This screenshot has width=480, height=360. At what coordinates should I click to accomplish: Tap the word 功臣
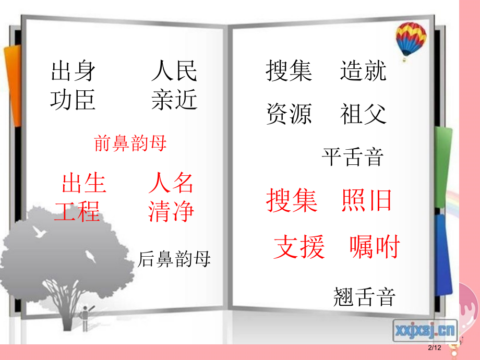73,100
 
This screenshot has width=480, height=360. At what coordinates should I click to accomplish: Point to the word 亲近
174,100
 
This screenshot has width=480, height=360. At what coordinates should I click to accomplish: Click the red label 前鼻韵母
130,143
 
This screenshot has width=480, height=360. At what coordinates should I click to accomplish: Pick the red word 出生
83,184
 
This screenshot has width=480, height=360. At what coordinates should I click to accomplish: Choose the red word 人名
171,184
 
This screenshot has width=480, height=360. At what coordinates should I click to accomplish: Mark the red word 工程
77,212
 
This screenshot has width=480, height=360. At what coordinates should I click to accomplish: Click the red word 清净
171,212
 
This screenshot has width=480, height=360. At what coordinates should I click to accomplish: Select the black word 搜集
289,71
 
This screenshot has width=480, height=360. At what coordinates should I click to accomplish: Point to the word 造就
363,71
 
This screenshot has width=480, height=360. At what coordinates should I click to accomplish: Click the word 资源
289,113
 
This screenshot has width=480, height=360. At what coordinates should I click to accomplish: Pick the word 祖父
363,113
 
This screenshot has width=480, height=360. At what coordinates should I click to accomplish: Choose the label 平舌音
353,157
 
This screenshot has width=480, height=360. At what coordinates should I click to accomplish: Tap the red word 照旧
366,200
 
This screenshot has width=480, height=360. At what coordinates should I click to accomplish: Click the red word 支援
299,247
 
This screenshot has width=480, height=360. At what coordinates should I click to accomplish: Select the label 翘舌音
364,297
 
